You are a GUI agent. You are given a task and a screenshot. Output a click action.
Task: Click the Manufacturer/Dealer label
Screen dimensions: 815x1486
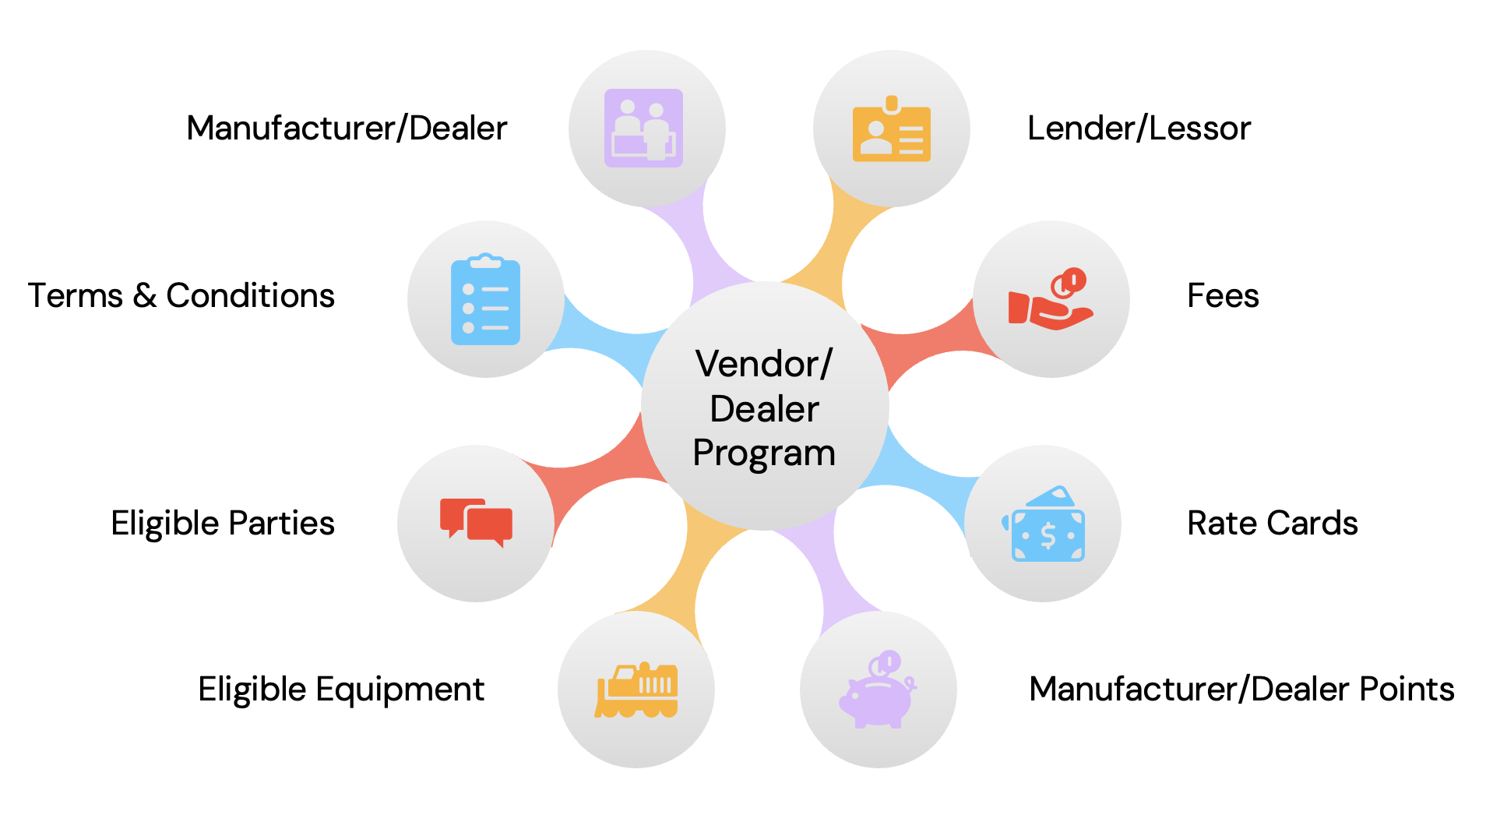347,129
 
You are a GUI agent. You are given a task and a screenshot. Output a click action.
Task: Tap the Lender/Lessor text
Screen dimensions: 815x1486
1139,129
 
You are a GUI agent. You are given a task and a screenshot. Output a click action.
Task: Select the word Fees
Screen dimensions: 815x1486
1223,296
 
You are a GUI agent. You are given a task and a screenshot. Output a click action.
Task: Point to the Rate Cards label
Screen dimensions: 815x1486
1272,524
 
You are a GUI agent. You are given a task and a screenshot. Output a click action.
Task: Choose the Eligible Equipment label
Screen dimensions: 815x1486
341,690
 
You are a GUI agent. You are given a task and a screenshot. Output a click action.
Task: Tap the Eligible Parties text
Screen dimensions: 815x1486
223,524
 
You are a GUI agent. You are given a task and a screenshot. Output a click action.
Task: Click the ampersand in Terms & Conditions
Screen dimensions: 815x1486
144,296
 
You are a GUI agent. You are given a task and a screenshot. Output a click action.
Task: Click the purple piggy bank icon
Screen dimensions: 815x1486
878,691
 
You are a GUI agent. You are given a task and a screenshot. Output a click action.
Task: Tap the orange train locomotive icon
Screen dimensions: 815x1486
636,690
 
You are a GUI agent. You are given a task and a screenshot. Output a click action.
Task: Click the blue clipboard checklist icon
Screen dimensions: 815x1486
485,300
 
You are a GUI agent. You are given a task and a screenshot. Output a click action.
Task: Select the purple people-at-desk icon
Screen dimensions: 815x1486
644,129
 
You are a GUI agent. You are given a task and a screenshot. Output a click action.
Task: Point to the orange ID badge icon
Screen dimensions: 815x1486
891,131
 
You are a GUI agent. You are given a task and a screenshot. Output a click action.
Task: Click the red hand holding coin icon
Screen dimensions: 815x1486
1051,300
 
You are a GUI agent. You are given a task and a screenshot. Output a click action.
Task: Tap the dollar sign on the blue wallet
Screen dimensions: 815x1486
1048,536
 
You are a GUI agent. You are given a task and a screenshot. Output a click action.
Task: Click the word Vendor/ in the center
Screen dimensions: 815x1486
764,364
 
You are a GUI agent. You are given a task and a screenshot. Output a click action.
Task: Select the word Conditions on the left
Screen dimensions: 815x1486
250,296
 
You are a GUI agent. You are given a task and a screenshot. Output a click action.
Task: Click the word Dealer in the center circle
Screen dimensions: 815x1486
764,409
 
